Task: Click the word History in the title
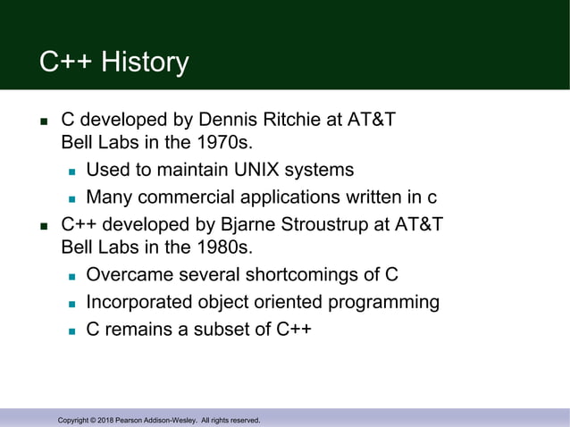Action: tap(145, 63)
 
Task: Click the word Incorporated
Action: tap(139, 301)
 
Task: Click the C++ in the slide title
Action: tap(65, 63)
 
